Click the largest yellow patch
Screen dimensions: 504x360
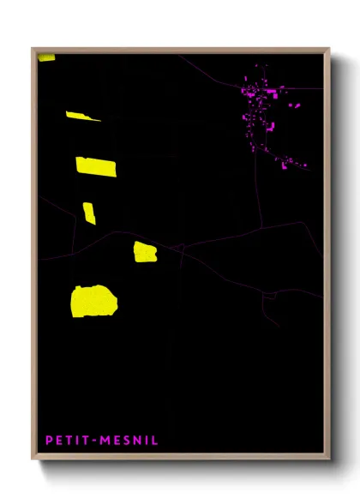coord(93,301)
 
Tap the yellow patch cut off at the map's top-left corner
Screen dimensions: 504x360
coord(46,57)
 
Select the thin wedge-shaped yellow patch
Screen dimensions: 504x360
coord(81,116)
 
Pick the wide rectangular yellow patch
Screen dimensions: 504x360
coord(96,166)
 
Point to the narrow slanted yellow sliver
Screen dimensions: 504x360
coord(89,213)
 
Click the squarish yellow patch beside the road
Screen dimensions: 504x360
coord(145,252)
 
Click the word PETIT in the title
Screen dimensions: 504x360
coord(66,441)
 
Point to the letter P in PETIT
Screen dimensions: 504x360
coord(49,441)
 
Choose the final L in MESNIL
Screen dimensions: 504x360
coord(155,441)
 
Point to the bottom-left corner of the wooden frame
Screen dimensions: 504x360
coord(33,459)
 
